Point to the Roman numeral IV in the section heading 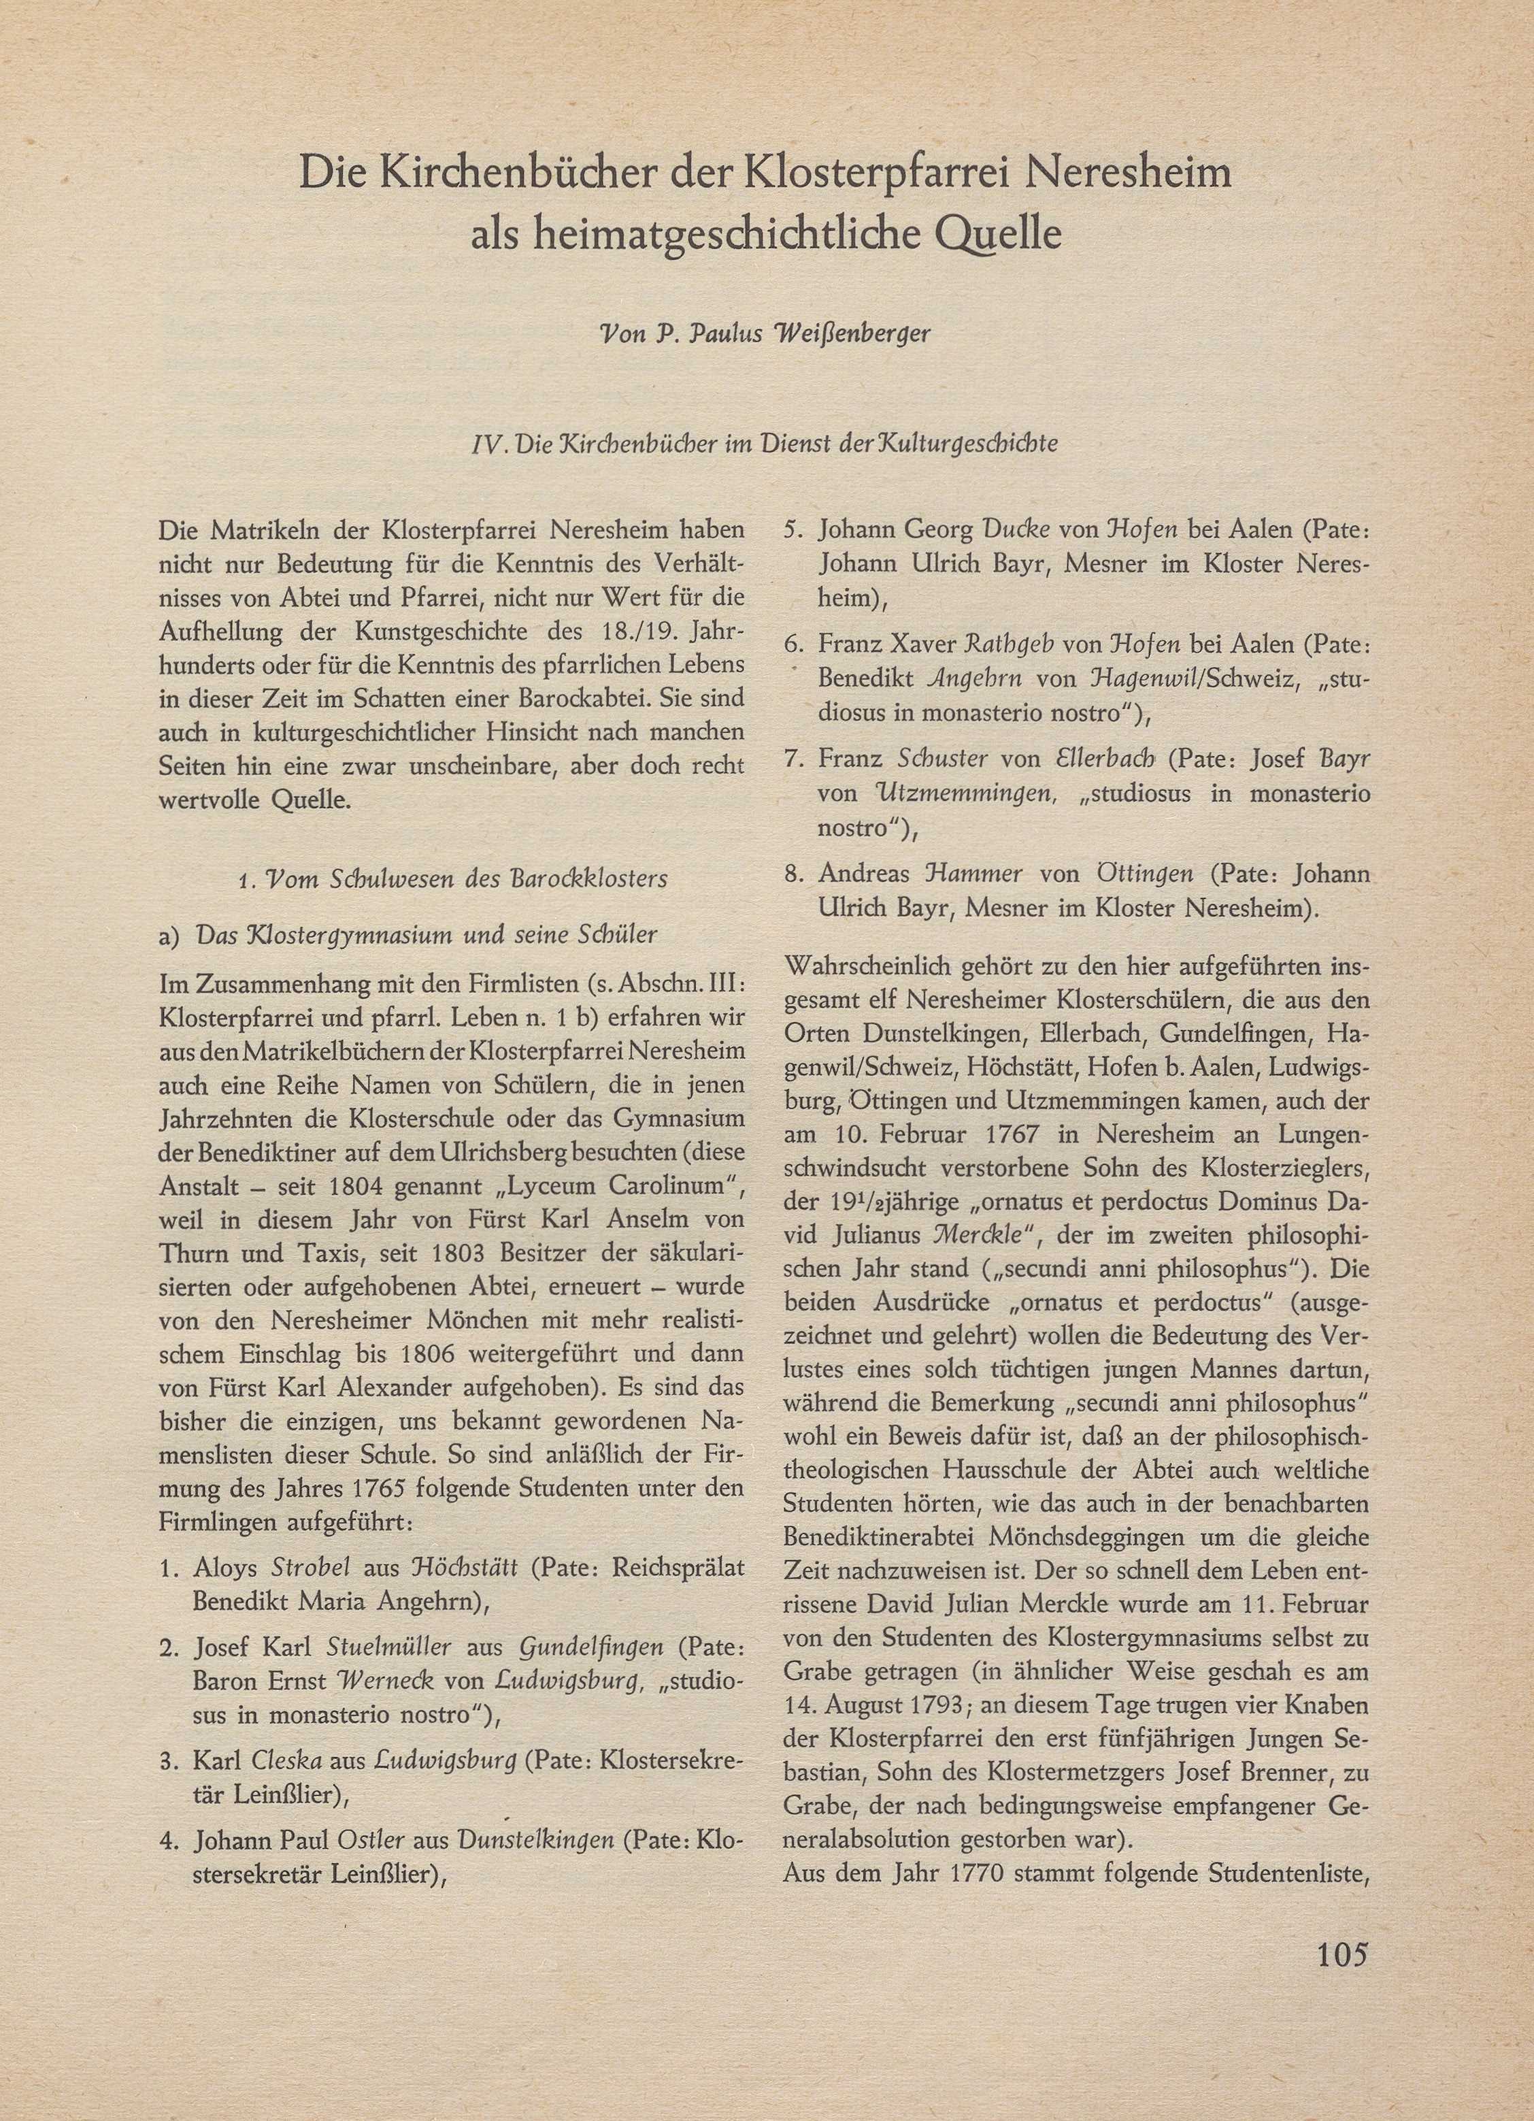click(x=490, y=443)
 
